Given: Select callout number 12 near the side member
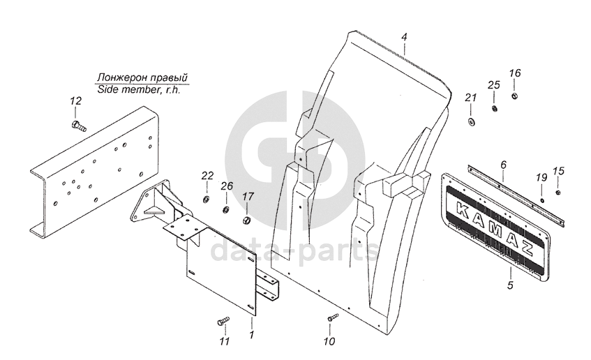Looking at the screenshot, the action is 75,102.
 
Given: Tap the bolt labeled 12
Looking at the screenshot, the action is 77,126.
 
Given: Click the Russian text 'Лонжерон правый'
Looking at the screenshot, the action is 143,77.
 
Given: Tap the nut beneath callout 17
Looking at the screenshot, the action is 246,221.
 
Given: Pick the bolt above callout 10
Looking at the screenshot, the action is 331,318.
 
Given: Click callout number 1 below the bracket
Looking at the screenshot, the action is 251,335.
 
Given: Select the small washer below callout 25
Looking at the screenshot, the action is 494,109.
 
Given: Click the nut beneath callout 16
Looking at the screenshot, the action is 514,96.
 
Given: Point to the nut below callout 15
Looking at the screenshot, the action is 559,192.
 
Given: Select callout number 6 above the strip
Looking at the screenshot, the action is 502,165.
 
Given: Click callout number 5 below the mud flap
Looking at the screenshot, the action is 509,285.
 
